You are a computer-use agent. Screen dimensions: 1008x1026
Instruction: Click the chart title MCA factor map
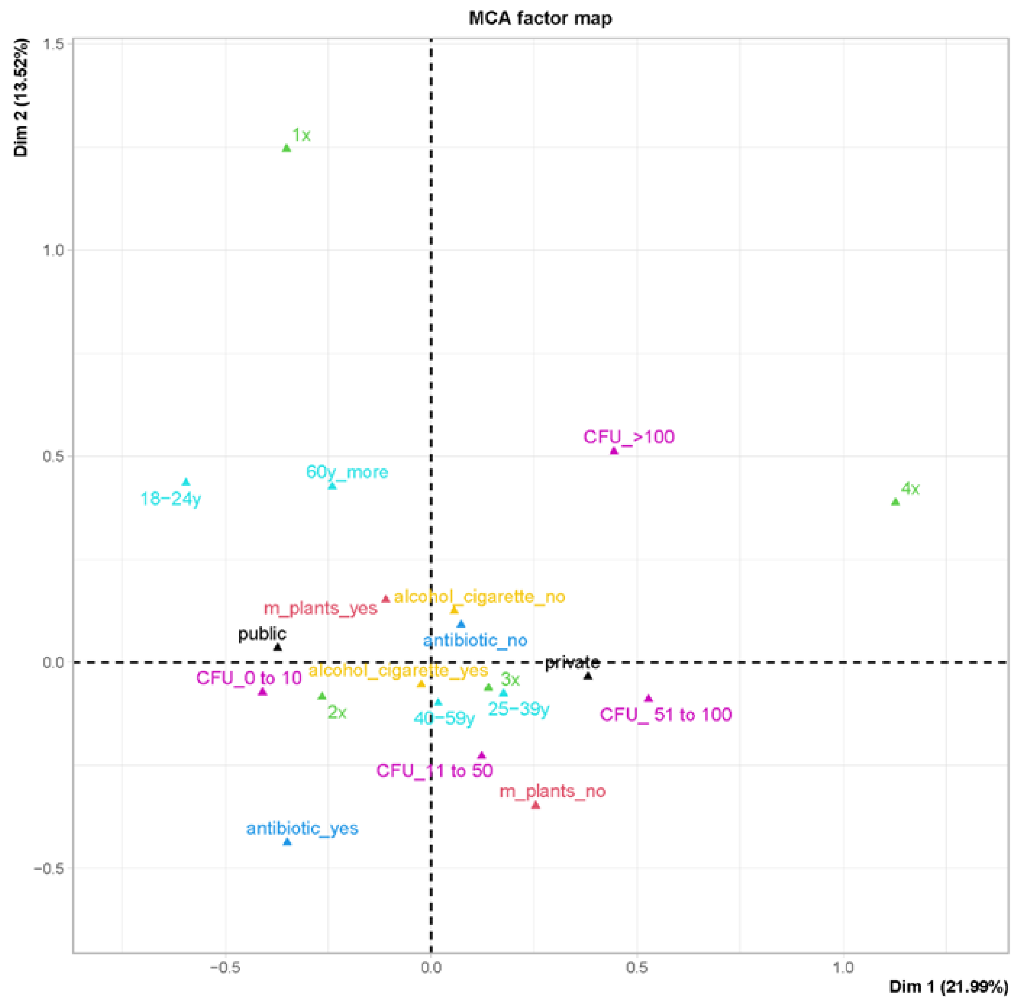(540, 18)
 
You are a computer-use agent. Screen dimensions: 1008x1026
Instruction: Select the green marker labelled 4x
(895, 502)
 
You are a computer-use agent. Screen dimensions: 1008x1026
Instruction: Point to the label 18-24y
(170, 499)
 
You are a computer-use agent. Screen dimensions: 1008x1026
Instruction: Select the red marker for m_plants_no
(536, 805)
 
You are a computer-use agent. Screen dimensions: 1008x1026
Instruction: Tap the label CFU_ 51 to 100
(666, 715)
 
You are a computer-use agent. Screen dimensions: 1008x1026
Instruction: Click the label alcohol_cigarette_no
(480, 597)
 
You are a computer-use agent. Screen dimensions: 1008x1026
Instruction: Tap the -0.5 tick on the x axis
(225, 968)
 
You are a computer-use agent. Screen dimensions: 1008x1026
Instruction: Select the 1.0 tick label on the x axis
(843, 968)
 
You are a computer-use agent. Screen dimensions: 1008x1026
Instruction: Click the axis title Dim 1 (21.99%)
(949, 986)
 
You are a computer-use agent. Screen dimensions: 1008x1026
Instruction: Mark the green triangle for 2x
(322, 696)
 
